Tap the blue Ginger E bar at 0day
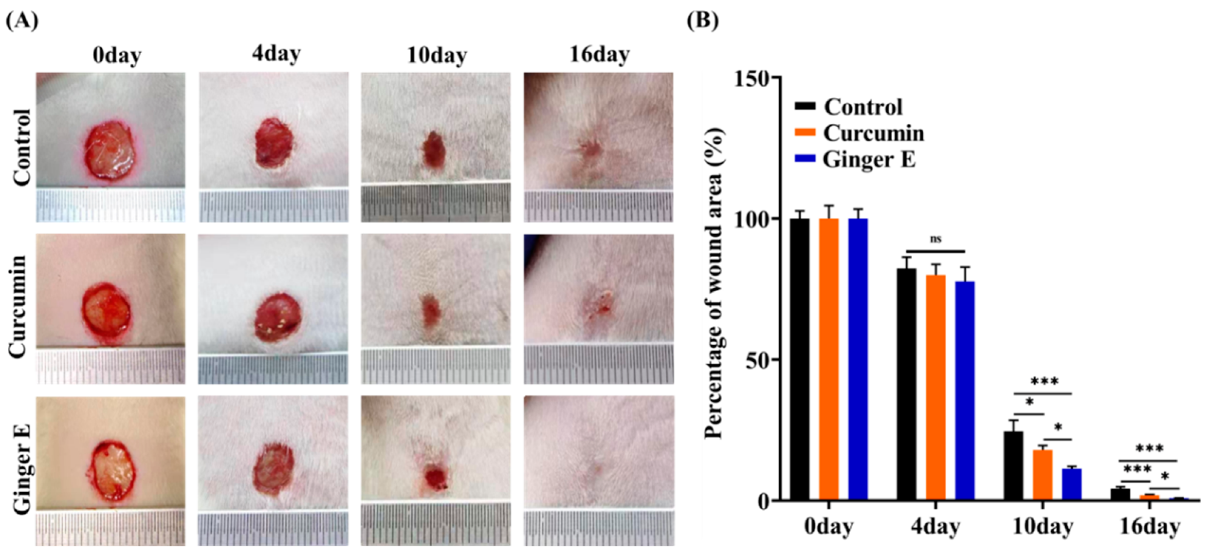858,359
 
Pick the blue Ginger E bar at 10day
1072,484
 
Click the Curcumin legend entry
873,133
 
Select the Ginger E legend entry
869,160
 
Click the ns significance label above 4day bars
936,239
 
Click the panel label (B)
702,21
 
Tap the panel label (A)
22,21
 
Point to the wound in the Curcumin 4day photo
278,317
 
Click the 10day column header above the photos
436,56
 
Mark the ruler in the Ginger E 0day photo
110,528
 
